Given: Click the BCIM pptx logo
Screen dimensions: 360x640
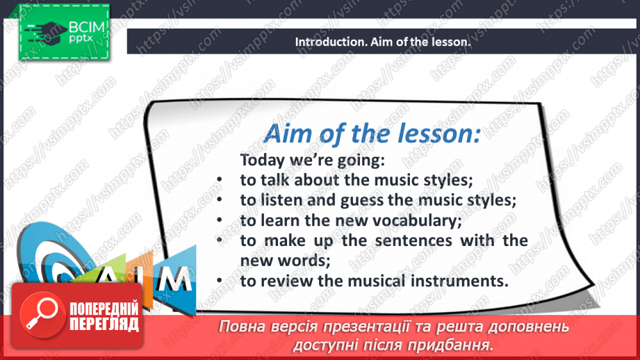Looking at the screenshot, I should click(x=62, y=32).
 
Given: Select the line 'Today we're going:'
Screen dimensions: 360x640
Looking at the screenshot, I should click(x=311, y=160).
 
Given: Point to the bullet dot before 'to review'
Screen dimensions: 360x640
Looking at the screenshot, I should click(x=219, y=281).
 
